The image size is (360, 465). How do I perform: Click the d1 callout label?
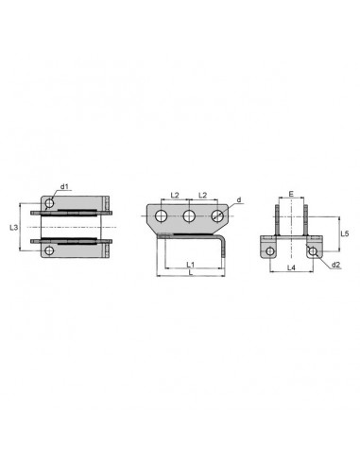point(64,187)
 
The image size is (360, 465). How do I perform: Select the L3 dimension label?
point(13,227)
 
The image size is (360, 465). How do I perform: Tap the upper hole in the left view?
point(49,203)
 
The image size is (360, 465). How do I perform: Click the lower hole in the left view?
point(49,250)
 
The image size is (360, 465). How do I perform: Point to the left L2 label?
point(175,196)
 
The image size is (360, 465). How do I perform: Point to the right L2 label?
point(203,196)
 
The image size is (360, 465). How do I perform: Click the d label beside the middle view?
point(239,199)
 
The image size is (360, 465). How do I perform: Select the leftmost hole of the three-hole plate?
point(162,215)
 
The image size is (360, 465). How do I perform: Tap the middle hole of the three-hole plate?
point(189,215)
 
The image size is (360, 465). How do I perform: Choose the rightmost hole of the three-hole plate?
point(217,215)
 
